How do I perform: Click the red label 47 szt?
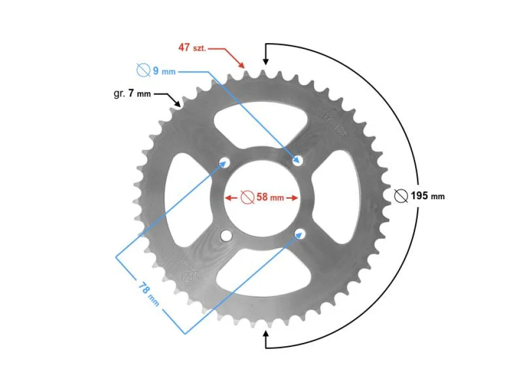tap(192, 47)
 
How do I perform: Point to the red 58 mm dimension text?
tap(270, 197)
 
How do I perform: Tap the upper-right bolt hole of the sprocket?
tap(299, 160)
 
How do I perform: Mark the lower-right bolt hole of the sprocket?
tap(299, 234)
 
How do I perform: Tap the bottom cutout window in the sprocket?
tap(262, 272)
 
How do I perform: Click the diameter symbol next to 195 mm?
tap(402, 196)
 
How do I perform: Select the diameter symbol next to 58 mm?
tap(247, 197)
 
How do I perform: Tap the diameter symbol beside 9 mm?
tap(143, 71)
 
